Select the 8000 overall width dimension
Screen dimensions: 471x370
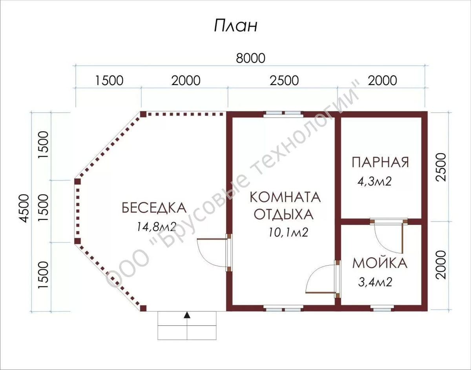(250, 58)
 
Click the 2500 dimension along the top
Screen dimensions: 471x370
(284, 80)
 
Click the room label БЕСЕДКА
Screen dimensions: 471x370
(154, 208)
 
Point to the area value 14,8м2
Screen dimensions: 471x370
(157, 227)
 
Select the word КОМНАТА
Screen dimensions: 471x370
(285, 197)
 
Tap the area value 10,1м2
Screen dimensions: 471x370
(288, 232)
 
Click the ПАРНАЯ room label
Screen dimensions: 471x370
(380, 162)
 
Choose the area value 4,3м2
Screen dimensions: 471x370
(374, 181)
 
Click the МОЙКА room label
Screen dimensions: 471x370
(380, 263)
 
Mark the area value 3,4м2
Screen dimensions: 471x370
(375, 282)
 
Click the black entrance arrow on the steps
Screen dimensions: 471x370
(187, 315)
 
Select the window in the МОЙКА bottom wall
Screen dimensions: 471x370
(382, 308)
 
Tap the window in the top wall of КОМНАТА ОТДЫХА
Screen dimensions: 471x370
(283, 114)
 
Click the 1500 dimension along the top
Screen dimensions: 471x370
(109, 80)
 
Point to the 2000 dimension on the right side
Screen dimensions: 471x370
(441, 265)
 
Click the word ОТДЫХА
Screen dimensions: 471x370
(284, 214)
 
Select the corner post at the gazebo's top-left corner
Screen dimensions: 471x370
(143, 114)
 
